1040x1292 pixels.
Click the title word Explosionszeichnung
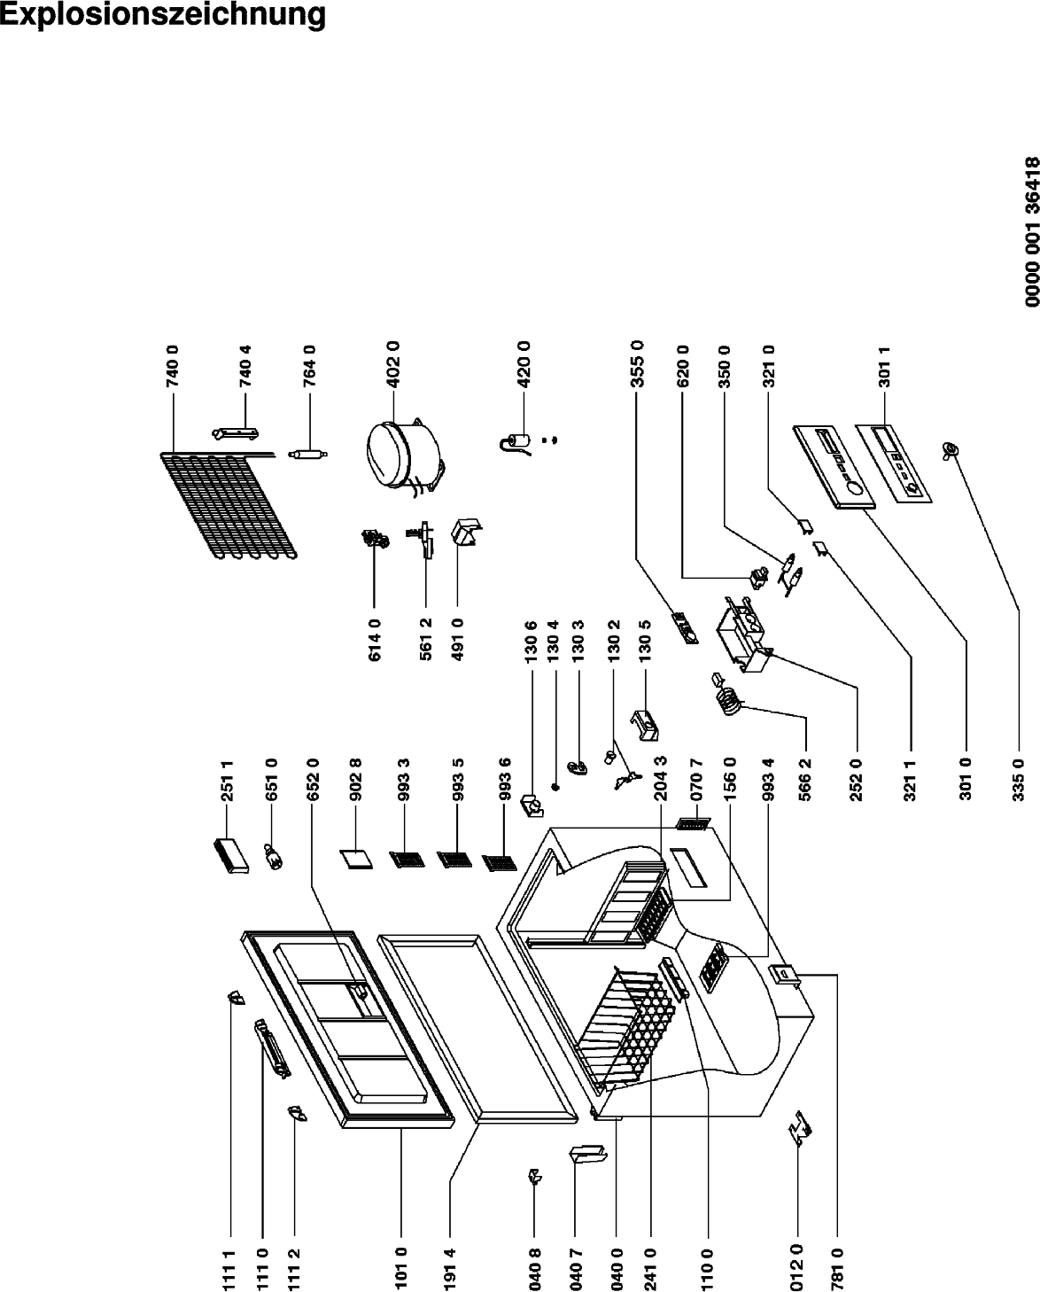coord(163,16)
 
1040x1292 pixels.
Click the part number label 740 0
coord(174,366)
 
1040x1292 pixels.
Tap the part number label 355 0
coord(637,363)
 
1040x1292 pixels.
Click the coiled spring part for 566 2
coord(728,698)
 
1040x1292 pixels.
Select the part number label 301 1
coord(884,366)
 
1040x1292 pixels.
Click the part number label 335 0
coord(1018,780)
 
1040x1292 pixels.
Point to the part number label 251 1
coord(227,781)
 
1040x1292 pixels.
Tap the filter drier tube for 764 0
coord(308,455)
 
